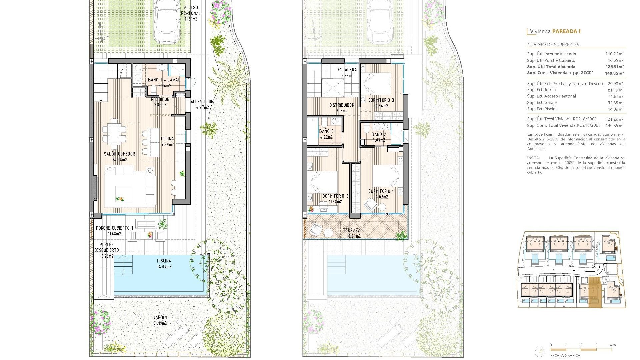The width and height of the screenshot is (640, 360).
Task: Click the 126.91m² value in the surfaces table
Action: pos(614,67)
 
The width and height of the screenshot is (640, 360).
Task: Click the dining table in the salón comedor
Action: pos(114,133)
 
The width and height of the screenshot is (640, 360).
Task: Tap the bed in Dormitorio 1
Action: pos(386,176)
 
